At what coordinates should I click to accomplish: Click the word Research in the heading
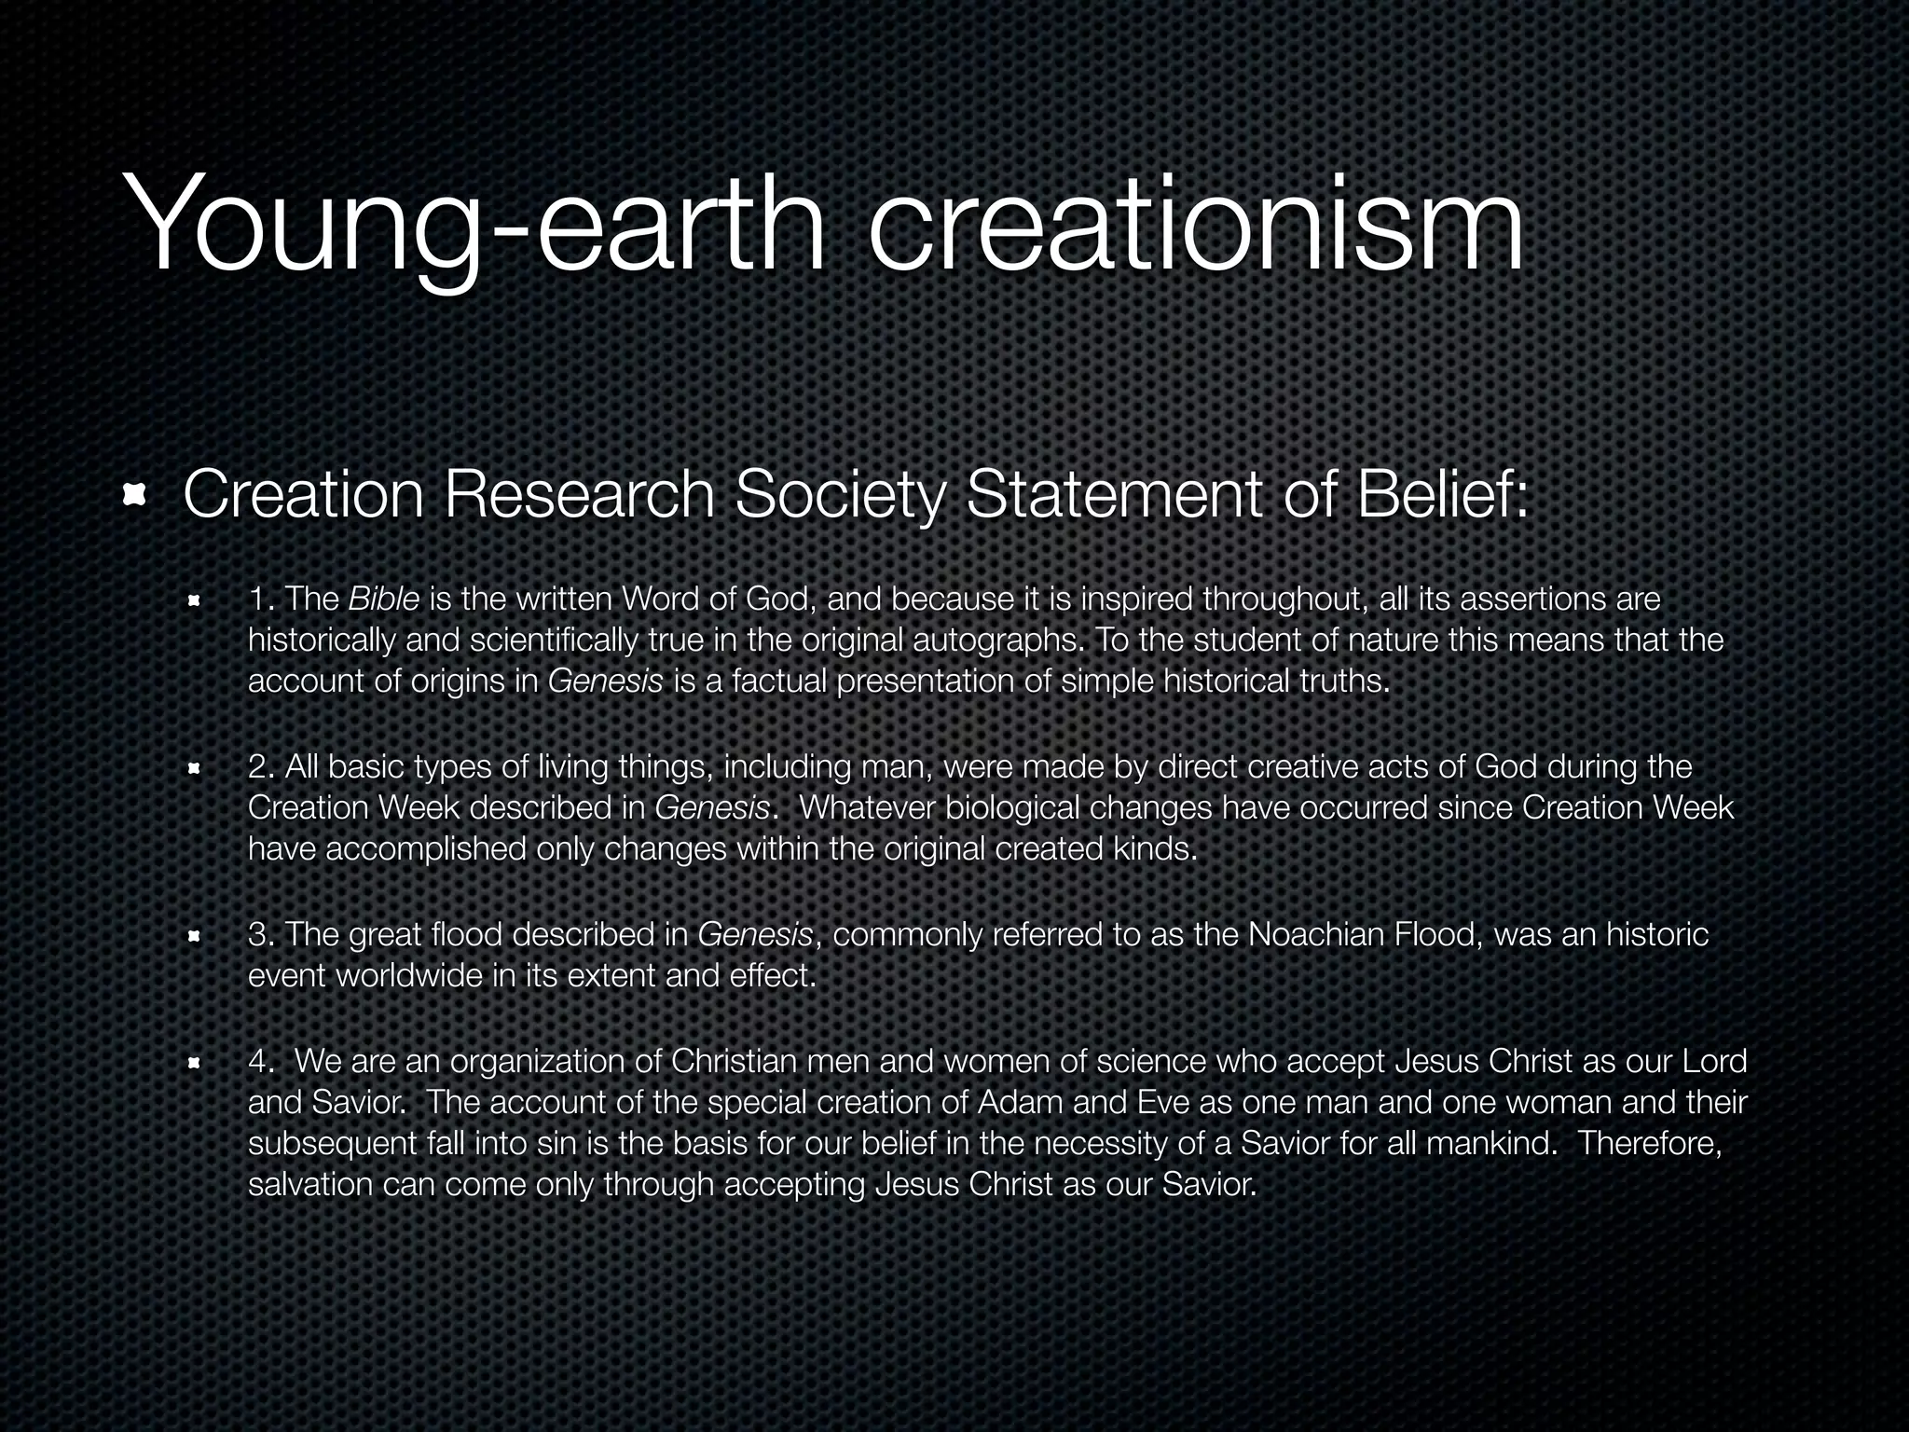(579, 494)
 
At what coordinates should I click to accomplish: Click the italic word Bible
(383, 599)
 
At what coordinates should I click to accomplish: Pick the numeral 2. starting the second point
(261, 766)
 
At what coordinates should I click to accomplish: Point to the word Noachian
(1315, 934)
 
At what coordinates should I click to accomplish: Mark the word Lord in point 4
(1714, 1061)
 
